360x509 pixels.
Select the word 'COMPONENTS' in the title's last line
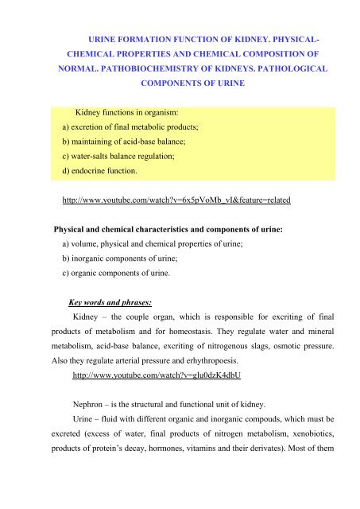[180, 81]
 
